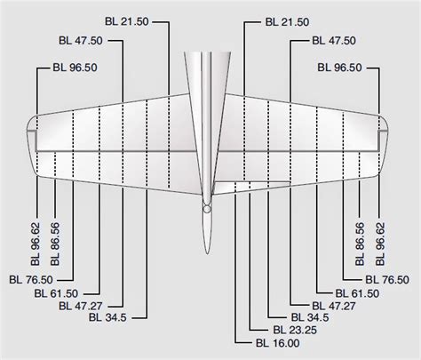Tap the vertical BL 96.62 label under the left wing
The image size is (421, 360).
pos(34,243)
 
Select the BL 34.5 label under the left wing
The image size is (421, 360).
pos(105,317)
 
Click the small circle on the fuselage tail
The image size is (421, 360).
pos(206,212)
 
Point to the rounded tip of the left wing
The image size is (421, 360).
pos(33,142)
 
